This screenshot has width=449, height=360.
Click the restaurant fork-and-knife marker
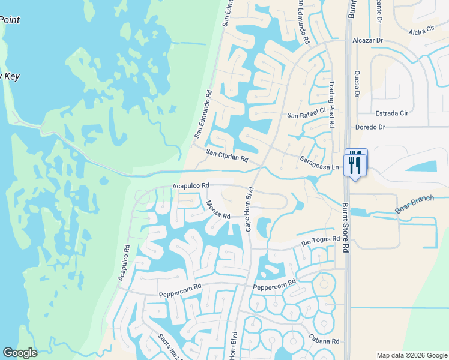(355, 162)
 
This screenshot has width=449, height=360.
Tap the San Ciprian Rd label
(227, 156)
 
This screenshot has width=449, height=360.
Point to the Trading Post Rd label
(331, 105)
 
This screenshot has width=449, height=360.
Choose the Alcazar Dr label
(367, 41)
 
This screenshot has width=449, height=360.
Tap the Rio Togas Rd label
(320, 242)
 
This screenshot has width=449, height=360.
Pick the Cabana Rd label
(324, 341)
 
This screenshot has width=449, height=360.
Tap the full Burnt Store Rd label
(345, 228)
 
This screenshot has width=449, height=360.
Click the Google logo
(20, 353)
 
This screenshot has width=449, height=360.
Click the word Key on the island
(11, 76)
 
